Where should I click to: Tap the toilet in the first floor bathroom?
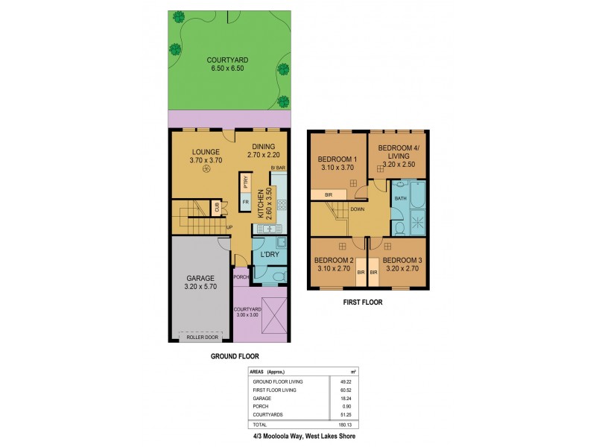coord(399,229)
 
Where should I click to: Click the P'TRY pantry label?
coord(244,181)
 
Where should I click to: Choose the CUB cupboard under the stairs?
coord(217,208)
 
